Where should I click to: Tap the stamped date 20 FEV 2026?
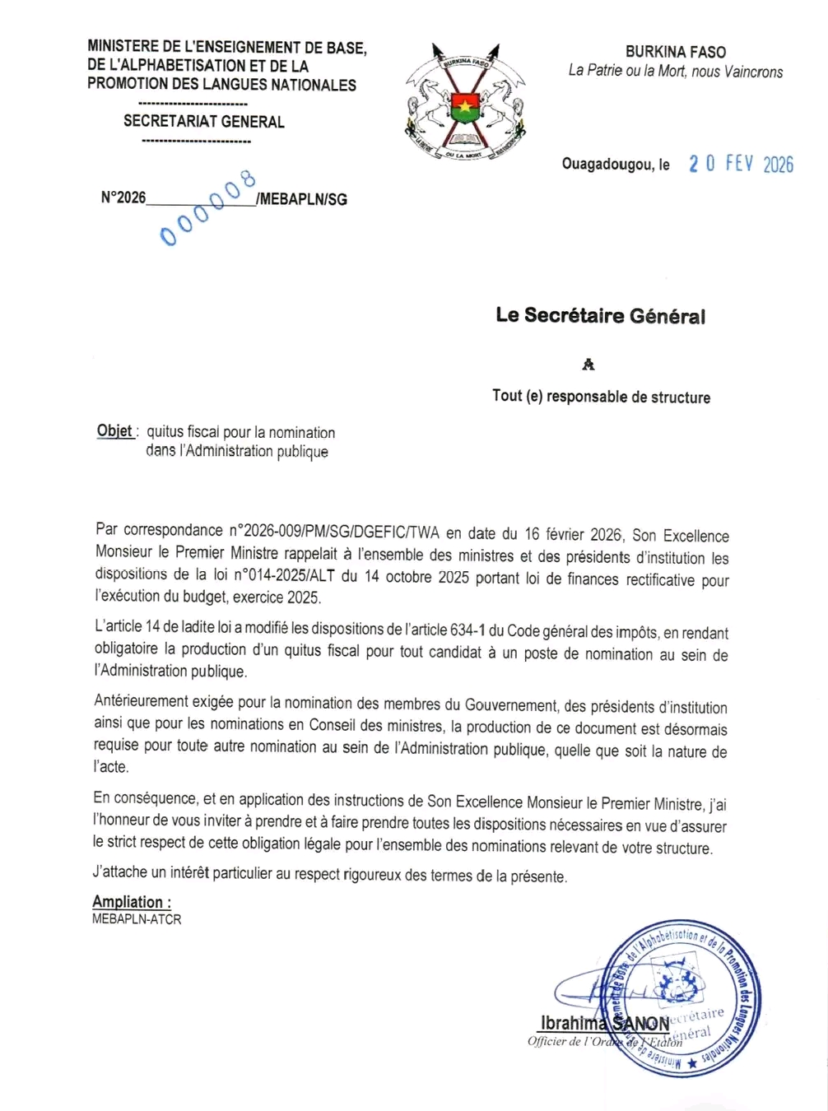[741, 164]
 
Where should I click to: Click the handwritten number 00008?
[208, 208]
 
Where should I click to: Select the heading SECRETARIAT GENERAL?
[204, 121]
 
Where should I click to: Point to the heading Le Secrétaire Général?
[600, 316]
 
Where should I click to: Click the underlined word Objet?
[115, 431]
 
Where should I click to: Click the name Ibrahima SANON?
[605, 1024]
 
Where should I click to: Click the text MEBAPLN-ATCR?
[137, 919]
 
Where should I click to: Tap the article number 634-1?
[467, 631]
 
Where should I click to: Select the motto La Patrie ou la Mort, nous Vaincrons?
[676, 72]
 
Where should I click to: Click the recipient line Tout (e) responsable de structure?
[601, 397]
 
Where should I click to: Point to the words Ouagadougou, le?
[616, 165]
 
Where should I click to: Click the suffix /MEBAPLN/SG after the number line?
[302, 199]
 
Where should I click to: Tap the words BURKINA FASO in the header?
[676, 52]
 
